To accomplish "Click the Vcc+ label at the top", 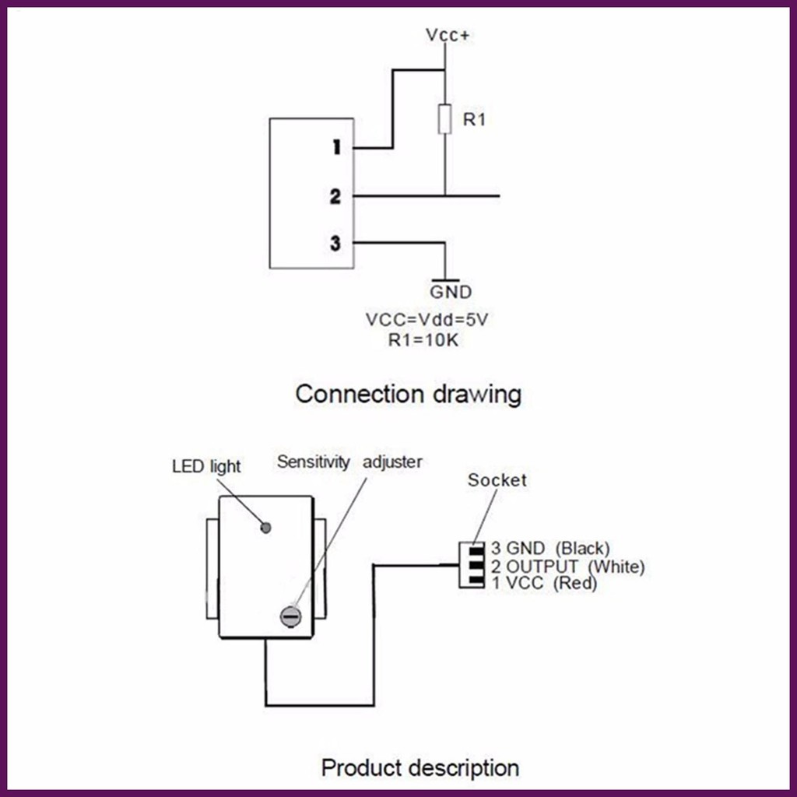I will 447,36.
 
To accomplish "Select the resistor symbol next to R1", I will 444,119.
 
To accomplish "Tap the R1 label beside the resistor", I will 474,120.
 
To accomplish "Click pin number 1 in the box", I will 336,147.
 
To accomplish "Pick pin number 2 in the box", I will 335,196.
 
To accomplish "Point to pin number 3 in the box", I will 335,244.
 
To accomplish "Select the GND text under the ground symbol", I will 451,293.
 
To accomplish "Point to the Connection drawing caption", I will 408,394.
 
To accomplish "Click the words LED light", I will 206,466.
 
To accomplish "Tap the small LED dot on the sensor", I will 265,528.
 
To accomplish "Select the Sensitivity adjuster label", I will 349,462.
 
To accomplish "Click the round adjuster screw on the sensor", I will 290,616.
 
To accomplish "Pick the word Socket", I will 497,480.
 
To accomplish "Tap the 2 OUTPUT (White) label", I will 567,567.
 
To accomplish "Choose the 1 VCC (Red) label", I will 544,583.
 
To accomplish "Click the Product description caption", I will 420,768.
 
